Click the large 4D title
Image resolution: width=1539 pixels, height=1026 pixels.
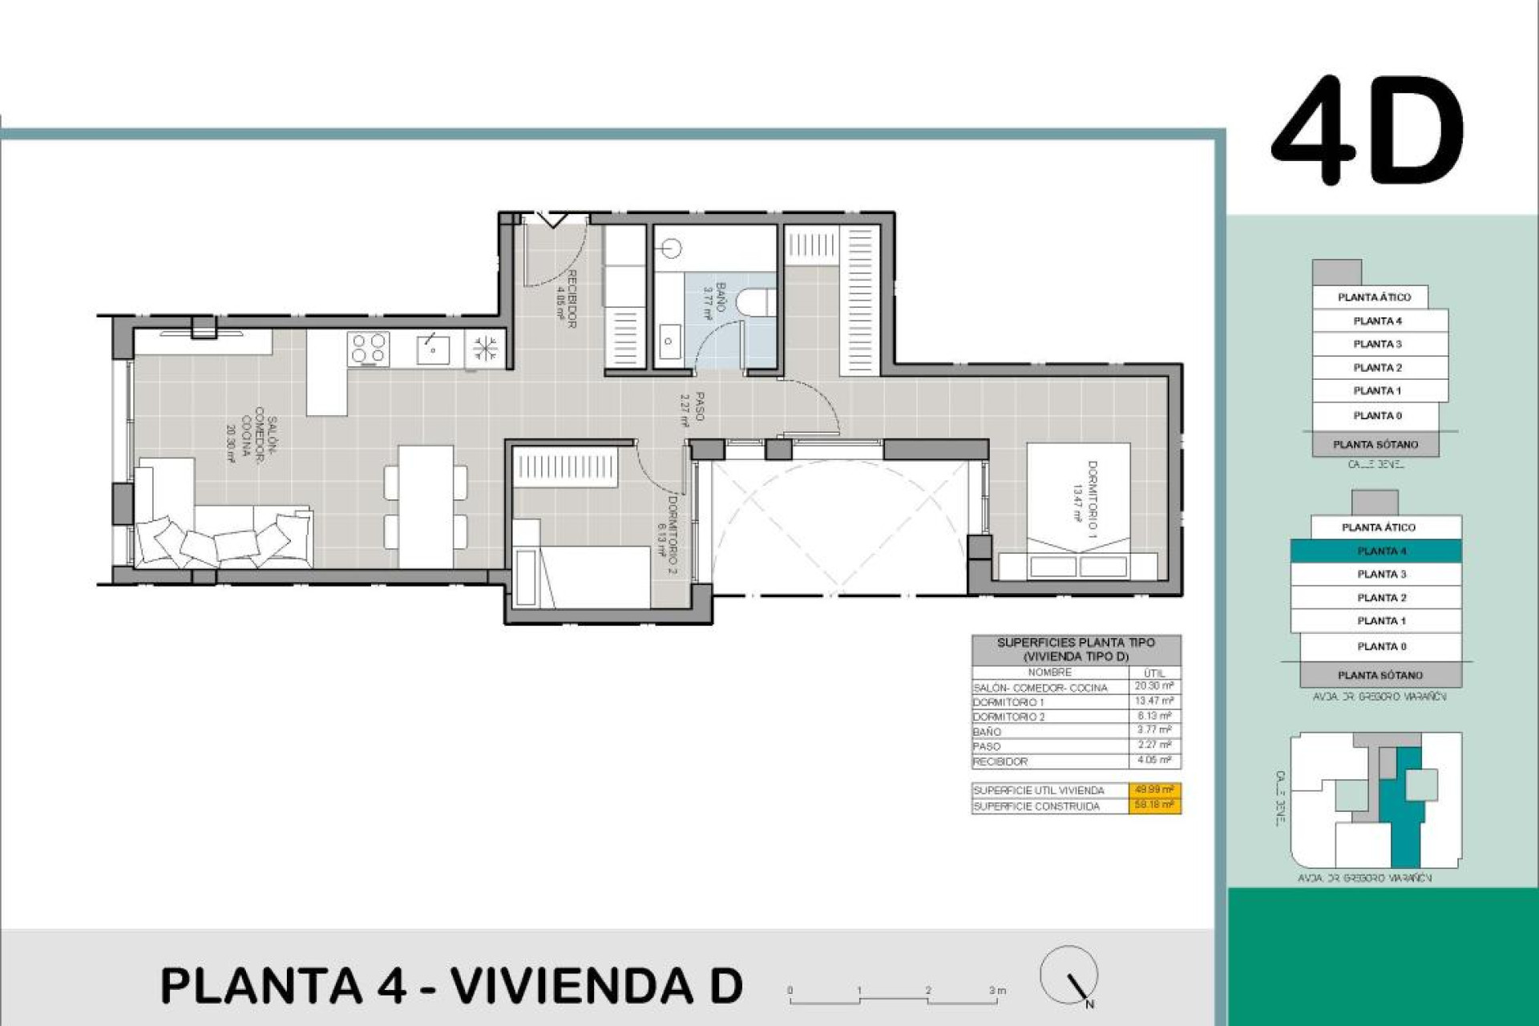click(x=1367, y=131)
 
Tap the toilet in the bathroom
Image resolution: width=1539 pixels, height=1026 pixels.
click(x=755, y=302)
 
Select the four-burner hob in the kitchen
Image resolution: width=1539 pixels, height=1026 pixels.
click(x=369, y=349)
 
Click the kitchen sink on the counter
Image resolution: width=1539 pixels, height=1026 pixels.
click(x=433, y=349)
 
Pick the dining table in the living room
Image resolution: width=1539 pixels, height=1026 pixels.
click(x=426, y=506)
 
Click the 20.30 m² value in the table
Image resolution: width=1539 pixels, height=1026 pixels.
click(x=1153, y=686)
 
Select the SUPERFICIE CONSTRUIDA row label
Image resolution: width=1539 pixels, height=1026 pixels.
click(x=1036, y=806)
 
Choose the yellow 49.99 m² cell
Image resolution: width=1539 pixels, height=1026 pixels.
click(x=1153, y=790)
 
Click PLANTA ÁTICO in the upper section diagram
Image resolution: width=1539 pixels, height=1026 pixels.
click(x=1374, y=297)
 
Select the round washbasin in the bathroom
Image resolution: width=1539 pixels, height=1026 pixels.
click(x=671, y=249)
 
